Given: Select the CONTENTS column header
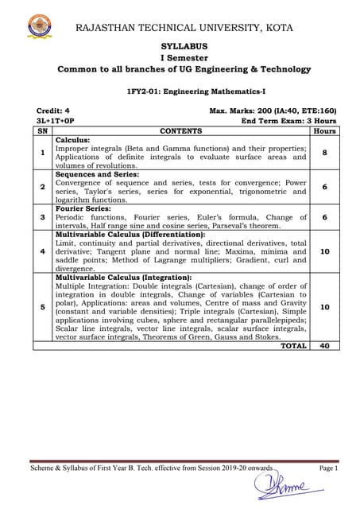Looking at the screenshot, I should (x=180, y=130).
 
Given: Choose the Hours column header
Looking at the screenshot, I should (x=324, y=130).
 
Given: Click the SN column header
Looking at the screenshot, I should (x=42, y=130).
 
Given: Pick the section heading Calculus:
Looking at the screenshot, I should (x=72, y=139).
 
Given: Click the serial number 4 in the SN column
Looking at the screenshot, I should (x=42, y=251).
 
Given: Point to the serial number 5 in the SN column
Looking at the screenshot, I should (x=42, y=306).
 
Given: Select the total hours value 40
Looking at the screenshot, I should (x=324, y=346).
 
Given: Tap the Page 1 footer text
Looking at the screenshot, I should (x=328, y=468).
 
